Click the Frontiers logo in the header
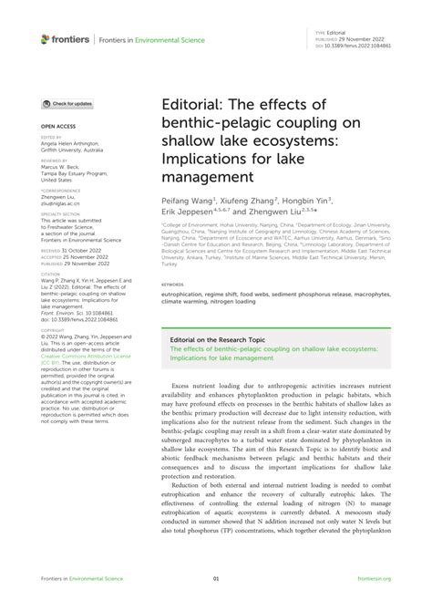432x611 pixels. click(66, 38)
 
